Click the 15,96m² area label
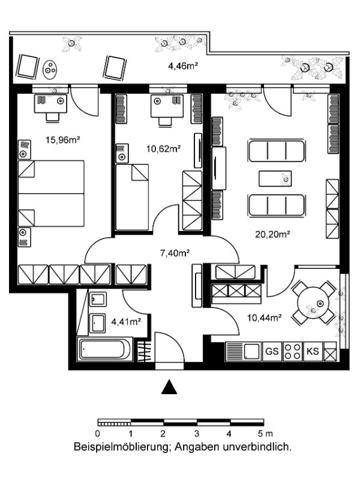coord(63,140)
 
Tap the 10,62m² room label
coord(163,149)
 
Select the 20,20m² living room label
coord(273,235)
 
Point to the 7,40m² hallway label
coord(175,253)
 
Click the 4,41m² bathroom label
coord(126,322)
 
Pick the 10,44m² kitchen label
coord(265,318)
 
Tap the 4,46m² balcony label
coord(183,65)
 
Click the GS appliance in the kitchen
coord(272,351)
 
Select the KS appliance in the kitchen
coord(313,351)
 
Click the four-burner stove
coord(292,351)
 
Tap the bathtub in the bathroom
coord(104,349)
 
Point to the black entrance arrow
coord(169,387)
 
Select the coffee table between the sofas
coord(275,178)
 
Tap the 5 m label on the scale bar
coord(265,433)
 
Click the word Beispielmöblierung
coord(121,447)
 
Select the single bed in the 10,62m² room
coord(132,197)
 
